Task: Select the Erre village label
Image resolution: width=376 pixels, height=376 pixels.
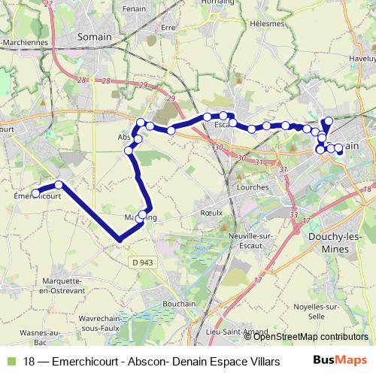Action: [168, 26]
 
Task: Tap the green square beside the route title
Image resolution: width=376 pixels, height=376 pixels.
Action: [10, 362]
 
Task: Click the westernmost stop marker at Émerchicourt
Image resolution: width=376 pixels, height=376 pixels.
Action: [35, 195]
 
